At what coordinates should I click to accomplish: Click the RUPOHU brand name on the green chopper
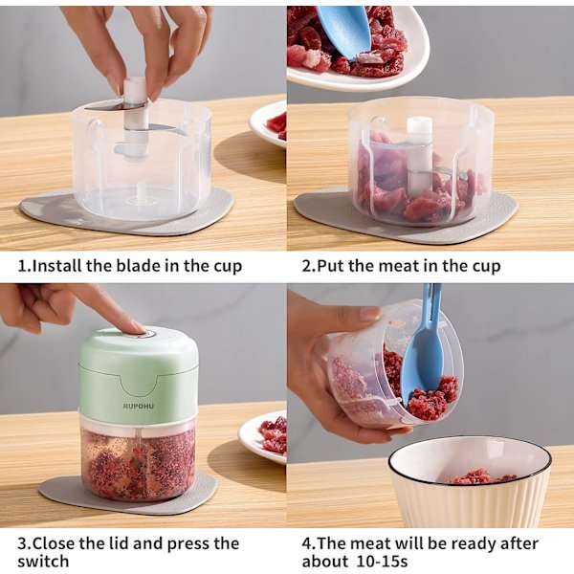pos(139,406)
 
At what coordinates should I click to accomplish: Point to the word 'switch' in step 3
pos(43,561)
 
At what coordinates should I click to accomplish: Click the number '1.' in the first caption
pos(24,266)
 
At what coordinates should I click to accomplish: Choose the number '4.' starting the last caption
pos(309,543)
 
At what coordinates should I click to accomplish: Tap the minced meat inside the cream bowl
pos(480,478)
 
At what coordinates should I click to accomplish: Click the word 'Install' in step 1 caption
pos(56,265)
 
